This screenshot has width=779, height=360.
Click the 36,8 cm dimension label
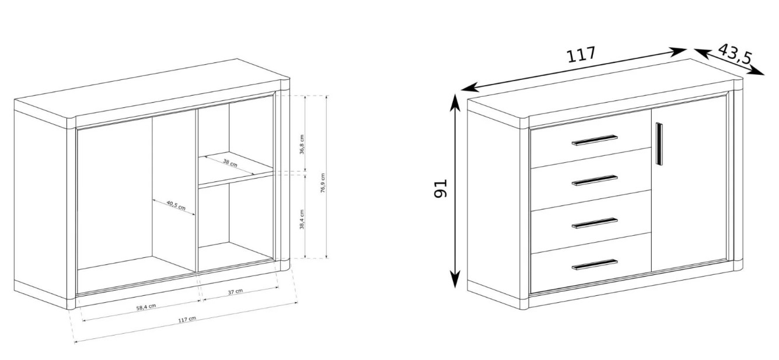[302, 144]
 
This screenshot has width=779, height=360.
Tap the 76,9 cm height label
[323, 183]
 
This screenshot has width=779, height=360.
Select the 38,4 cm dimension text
[302, 219]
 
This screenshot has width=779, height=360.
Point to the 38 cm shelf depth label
[230, 163]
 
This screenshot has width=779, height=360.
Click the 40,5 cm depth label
[176, 205]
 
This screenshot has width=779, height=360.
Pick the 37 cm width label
[235, 292]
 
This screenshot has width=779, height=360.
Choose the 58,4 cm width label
[146, 307]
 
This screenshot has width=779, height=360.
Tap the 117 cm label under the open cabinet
[187, 319]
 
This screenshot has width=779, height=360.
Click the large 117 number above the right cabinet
[581, 55]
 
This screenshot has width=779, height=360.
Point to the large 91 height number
[441, 188]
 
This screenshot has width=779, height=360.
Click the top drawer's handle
[595, 139]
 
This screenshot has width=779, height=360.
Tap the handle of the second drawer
[595, 180]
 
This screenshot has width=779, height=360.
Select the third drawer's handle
[595, 223]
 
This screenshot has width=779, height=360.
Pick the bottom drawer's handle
[595, 265]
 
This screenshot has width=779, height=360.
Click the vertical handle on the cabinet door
[659, 144]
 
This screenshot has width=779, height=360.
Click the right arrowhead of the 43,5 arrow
[764, 75]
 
